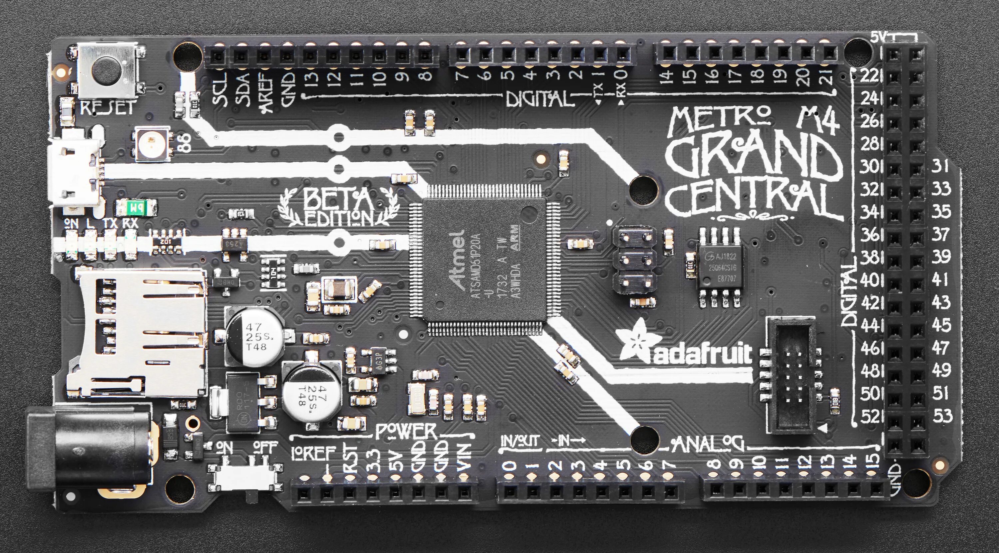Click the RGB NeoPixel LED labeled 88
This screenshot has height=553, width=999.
[x=151, y=144]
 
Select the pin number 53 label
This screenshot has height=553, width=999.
[x=942, y=416]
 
